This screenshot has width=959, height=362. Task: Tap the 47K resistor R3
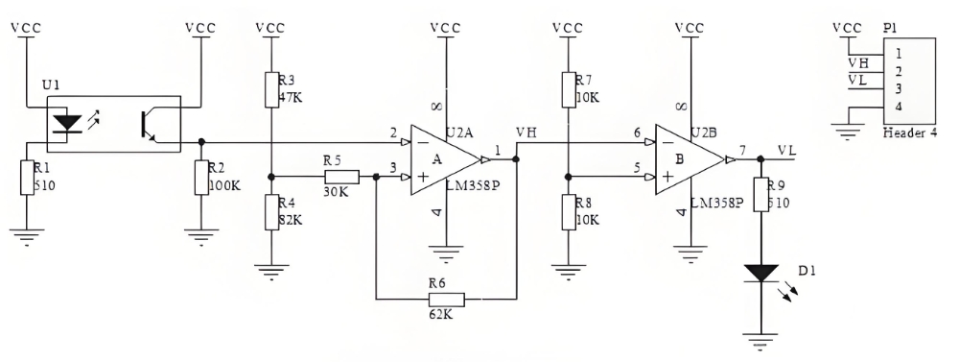coord(272,90)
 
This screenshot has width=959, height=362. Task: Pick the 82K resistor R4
coord(272,213)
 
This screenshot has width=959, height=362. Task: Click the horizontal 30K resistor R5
coord(341,177)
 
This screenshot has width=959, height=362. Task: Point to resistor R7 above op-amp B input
coord(570,90)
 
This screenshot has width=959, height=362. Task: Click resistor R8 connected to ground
coord(570,213)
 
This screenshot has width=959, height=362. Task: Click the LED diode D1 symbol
coord(760,274)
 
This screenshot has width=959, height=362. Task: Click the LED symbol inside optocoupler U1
coord(66,122)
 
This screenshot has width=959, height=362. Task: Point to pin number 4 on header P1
coord(898,106)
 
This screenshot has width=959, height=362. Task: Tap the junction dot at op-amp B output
coord(760,159)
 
